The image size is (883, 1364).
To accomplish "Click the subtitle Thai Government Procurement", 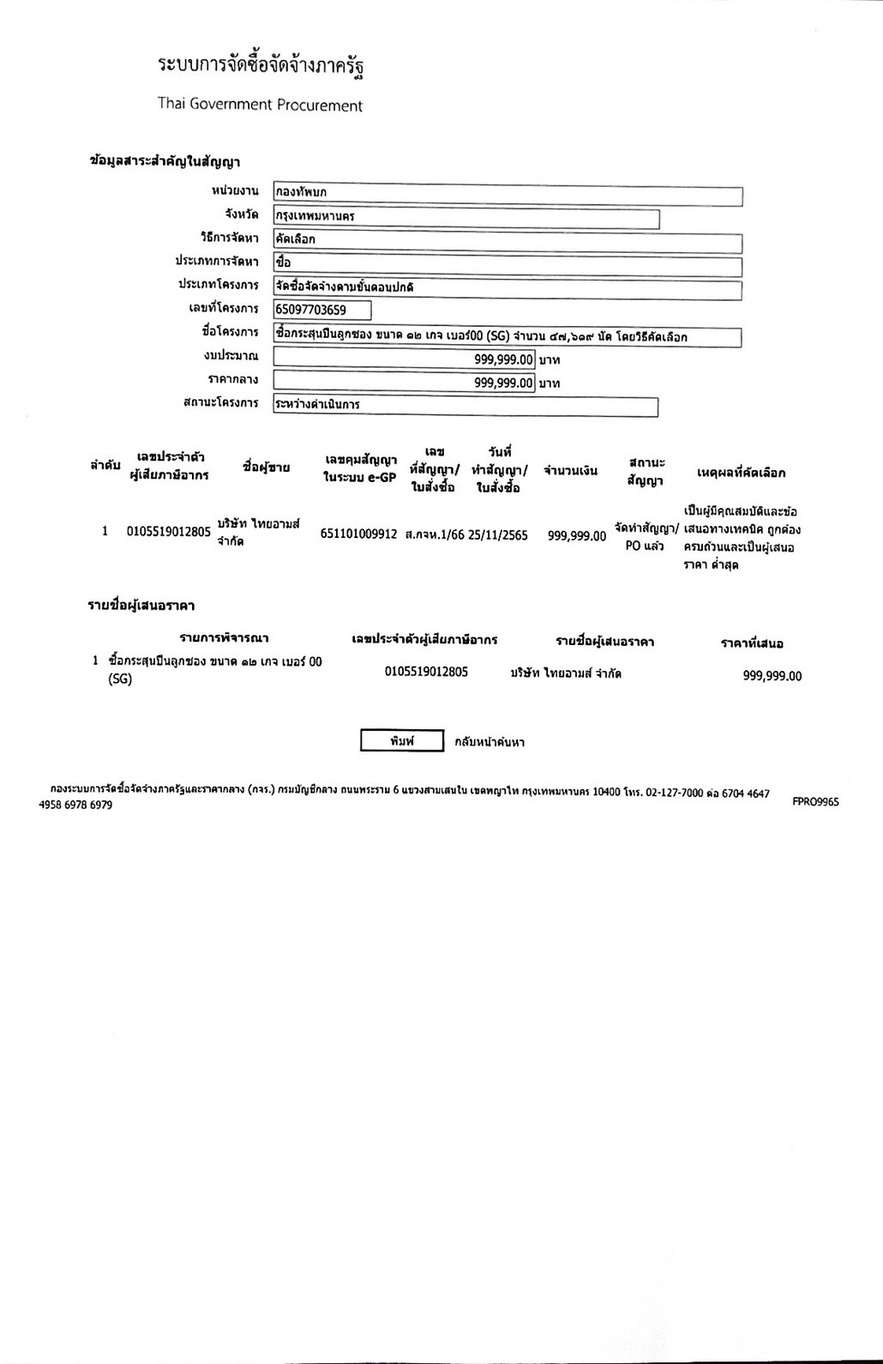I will click(260, 106).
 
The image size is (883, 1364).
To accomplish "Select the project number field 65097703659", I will click(322, 310).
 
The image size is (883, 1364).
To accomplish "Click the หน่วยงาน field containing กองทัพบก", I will click(507, 192).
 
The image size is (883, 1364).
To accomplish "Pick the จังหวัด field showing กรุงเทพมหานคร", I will click(466, 216).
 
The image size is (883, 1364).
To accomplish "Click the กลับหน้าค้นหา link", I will click(490, 742).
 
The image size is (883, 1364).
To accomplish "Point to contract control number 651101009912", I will click(358, 534).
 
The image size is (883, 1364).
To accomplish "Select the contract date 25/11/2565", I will click(498, 534).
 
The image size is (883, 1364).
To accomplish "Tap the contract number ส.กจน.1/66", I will click(435, 534).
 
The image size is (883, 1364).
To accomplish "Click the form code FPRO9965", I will click(815, 801).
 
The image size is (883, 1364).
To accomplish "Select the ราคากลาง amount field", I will click(405, 383).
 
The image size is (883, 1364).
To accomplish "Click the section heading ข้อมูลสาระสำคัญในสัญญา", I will click(165, 160).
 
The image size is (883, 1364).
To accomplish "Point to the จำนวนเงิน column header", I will click(570, 470).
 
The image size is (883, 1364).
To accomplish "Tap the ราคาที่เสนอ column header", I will click(752, 643).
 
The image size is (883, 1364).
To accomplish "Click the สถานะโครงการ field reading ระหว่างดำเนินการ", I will click(466, 405).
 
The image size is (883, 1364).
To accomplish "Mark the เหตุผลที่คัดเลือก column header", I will click(742, 473).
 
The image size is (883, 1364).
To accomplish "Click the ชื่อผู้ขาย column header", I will click(266, 468).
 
